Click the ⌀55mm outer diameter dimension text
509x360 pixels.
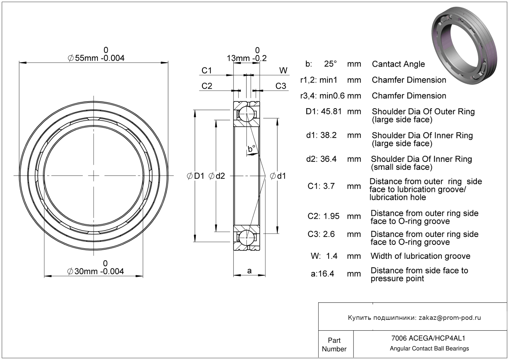[x=96, y=58]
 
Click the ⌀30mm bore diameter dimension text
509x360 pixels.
[x=96, y=271]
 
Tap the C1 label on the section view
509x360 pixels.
[x=207, y=71]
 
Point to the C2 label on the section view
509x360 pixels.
[x=207, y=86]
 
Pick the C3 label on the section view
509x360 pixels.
[x=281, y=86]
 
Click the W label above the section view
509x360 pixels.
[x=283, y=71]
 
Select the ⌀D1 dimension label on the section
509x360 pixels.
[x=196, y=176]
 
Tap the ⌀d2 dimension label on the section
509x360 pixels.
[x=217, y=176]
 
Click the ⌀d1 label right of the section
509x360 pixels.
[x=278, y=176]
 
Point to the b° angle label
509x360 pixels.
[x=251, y=149]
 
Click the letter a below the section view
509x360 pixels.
[x=249, y=271]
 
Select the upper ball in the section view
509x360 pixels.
[x=247, y=114]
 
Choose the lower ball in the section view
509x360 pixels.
[x=247, y=238]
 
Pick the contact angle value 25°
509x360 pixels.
[x=330, y=64]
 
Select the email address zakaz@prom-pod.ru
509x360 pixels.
[x=450, y=318]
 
